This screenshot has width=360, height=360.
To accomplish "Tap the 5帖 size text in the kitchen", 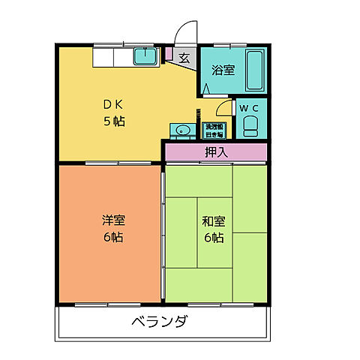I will tap(114, 121).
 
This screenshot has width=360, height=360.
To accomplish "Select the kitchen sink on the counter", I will tap(144, 55).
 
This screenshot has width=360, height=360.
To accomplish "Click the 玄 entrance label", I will tap(184, 57).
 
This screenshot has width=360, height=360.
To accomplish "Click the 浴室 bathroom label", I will tap(223, 70).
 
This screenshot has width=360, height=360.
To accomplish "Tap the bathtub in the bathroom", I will tap(255, 69).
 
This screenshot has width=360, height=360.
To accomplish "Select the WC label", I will tap(249, 107).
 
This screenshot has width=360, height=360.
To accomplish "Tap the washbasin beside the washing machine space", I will tap(180, 130).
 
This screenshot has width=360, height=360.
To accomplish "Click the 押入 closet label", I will tap(216, 151).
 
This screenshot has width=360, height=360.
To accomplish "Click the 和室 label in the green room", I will tap(213, 221).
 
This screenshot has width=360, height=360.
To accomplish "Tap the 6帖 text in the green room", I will tap(213, 238).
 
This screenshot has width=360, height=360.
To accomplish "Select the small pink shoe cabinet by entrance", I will tap(169, 55).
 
